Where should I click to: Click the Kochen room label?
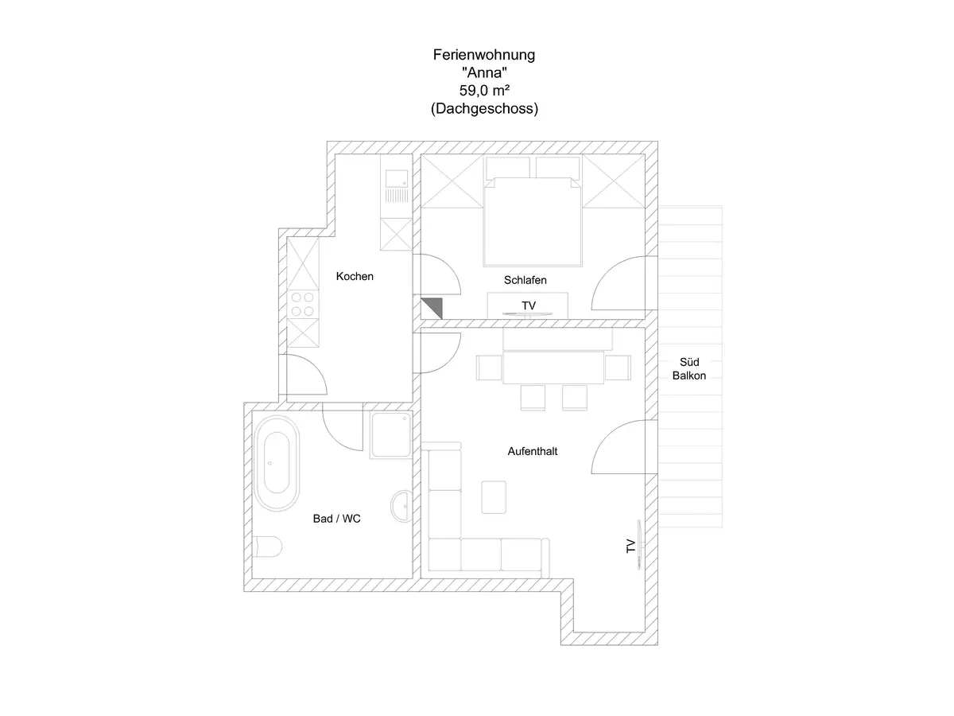(355, 277)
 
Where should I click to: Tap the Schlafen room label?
(525, 280)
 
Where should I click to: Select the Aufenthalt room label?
(533, 451)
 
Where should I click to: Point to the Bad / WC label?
(337, 518)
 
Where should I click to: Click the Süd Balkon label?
(688, 368)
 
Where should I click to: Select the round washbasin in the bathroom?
(401, 505)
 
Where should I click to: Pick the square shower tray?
(390, 435)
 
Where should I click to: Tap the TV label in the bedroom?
(529, 305)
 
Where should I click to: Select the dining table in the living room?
(554, 368)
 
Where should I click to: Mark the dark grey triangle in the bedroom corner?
(432, 306)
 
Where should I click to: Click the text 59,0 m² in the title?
(484, 91)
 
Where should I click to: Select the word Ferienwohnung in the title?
(484, 55)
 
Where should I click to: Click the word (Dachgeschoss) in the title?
(484, 110)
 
